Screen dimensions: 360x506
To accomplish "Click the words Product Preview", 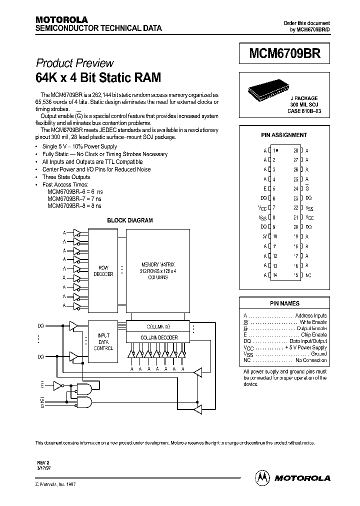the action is point(74,63).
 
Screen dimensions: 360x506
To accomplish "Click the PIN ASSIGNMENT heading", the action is point(284,135).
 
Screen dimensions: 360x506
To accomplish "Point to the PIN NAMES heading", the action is point(284,303).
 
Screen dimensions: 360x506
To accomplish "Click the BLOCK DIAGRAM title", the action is point(130,220).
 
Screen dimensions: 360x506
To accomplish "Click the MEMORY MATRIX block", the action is point(158,270).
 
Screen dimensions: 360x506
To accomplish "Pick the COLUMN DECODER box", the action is point(158,337).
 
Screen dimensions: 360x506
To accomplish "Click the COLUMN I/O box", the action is point(158,326).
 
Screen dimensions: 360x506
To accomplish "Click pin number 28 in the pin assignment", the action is point(296,150).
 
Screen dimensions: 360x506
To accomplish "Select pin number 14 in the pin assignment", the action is point(274,275).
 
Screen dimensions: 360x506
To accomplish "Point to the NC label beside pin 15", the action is point(308,275).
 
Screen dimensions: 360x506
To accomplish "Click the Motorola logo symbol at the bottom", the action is point(262,477).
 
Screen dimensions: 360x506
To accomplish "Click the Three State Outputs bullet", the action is point(66,177).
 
